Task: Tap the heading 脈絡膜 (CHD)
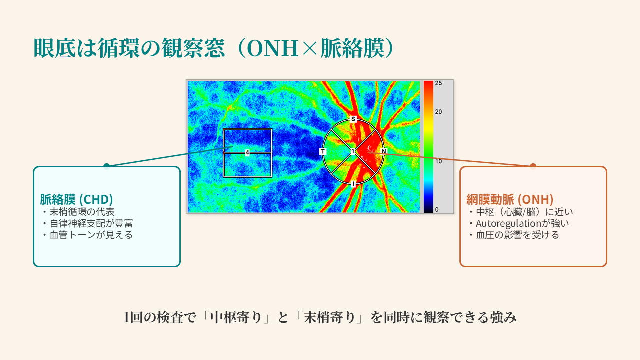point(76,199)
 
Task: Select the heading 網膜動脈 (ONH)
point(509,199)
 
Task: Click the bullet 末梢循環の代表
point(82,212)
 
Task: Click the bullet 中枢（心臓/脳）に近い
point(525,212)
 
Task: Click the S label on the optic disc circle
point(353,119)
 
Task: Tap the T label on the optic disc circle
point(322,151)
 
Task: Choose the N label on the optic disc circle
point(384,151)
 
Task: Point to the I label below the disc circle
point(353,184)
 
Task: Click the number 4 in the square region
point(247,152)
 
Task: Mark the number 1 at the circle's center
point(353,151)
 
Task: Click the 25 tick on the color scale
point(438,83)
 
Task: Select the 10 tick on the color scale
point(438,161)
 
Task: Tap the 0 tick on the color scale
point(437,209)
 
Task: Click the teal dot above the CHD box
point(106,166)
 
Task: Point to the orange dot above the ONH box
point(533,166)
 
